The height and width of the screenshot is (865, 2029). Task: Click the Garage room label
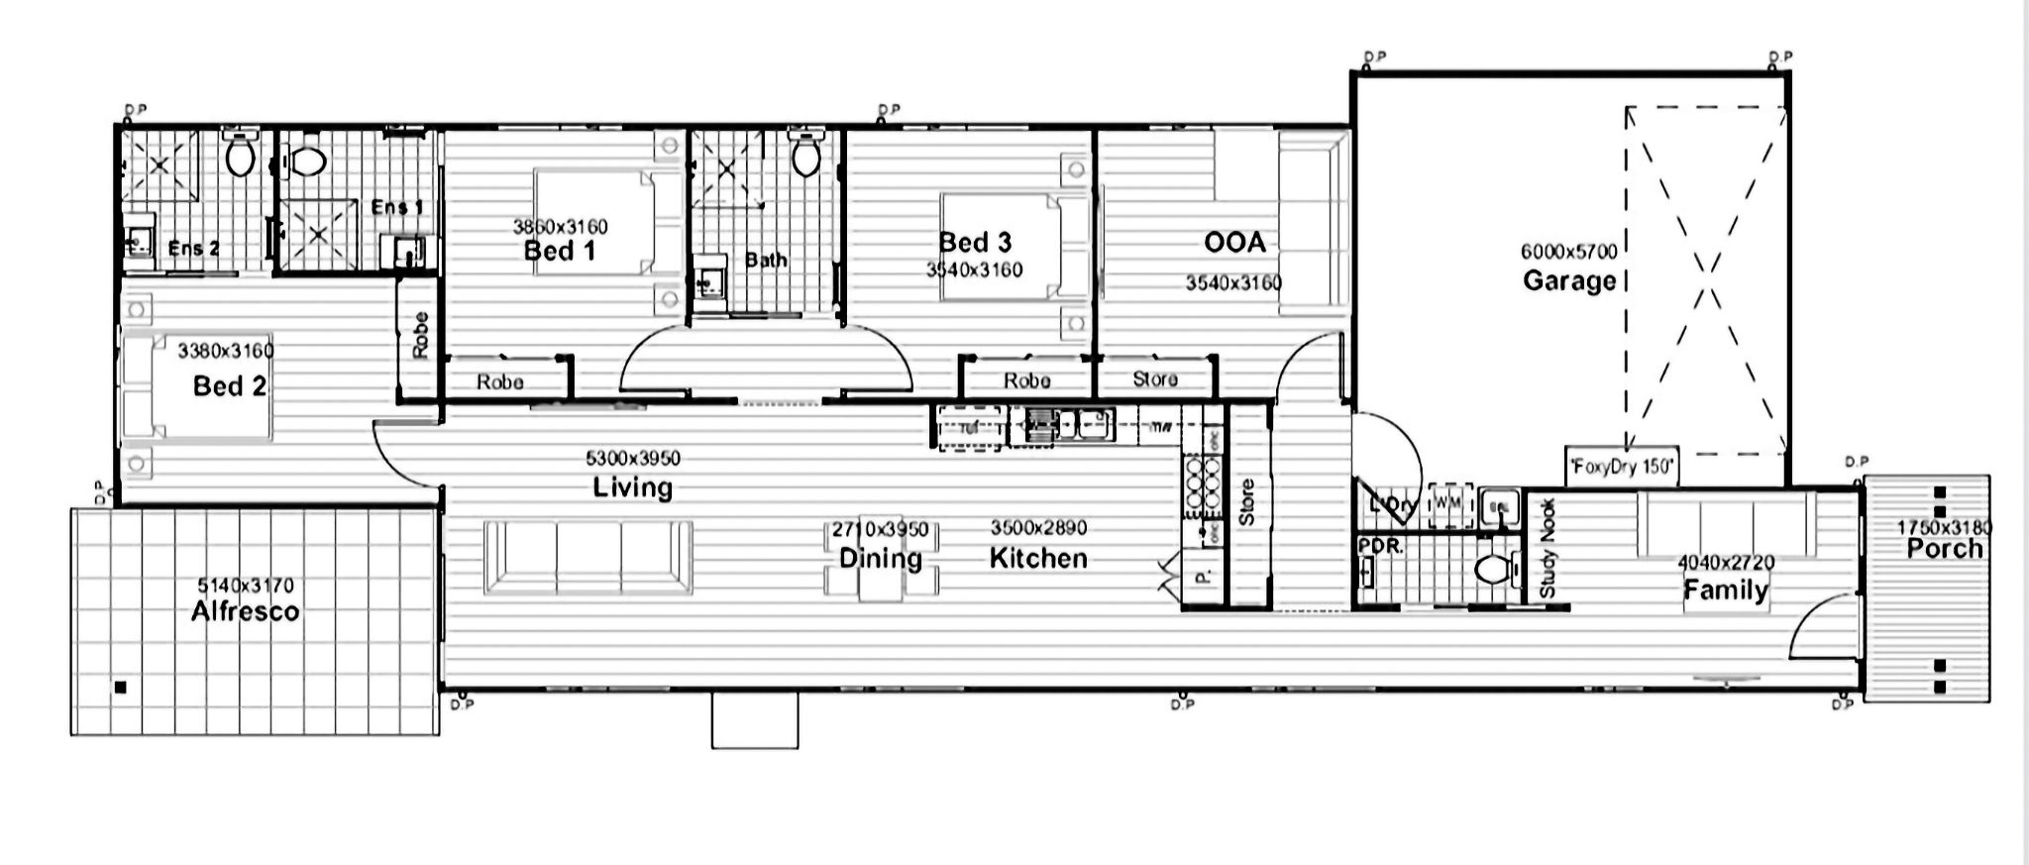pyautogui.click(x=1568, y=281)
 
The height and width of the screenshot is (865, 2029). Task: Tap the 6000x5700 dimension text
pyautogui.click(x=1568, y=252)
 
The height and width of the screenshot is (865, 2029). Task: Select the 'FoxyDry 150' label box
pyautogui.click(x=1621, y=467)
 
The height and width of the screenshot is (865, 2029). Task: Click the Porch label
pyautogui.click(x=1944, y=549)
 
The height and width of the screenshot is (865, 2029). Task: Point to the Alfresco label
pyautogui.click(x=245, y=611)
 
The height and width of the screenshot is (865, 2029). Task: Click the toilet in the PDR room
pyautogui.click(x=1492, y=570)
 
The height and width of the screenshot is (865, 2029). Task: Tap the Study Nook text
pyautogui.click(x=1548, y=548)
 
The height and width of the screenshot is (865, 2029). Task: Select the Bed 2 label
pyautogui.click(x=230, y=386)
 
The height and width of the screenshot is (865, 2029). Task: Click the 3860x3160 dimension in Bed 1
pyautogui.click(x=560, y=227)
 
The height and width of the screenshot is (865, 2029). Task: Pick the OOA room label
pyautogui.click(x=1234, y=243)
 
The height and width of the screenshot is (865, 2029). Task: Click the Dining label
pyautogui.click(x=880, y=559)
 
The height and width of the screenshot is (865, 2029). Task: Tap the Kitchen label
pyautogui.click(x=1038, y=559)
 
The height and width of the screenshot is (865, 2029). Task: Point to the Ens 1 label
pyautogui.click(x=396, y=207)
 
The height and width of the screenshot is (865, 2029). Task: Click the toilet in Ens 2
pyautogui.click(x=240, y=155)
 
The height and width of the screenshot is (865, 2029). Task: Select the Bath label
pyautogui.click(x=766, y=261)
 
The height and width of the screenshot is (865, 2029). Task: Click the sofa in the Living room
pyautogui.click(x=587, y=557)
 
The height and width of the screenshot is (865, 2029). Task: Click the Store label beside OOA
pyautogui.click(x=1154, y=379)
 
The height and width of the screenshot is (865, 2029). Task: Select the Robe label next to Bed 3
pyautogui.click(x=1026, y=380)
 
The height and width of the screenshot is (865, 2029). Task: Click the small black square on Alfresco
pyautogui.click(x=121, y=687)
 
